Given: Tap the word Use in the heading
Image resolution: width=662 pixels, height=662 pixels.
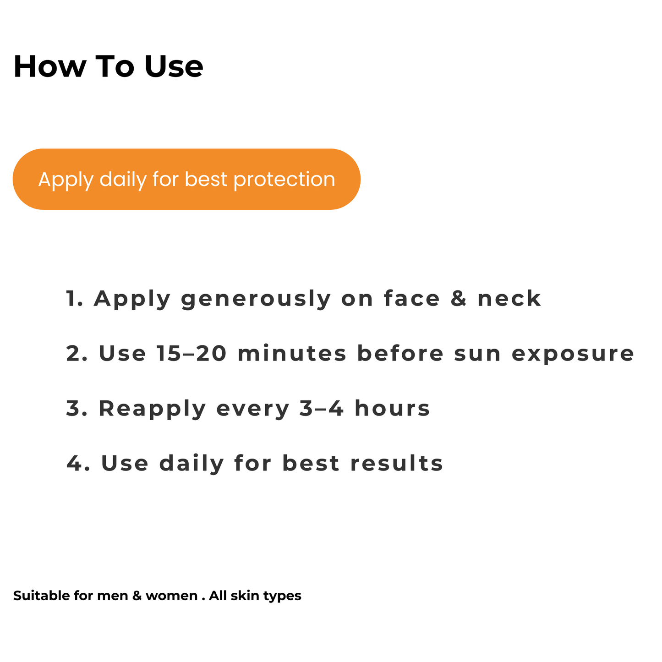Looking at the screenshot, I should click(x=174, y=66).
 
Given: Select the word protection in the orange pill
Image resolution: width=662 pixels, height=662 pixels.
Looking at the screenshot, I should click(x=284, y=180).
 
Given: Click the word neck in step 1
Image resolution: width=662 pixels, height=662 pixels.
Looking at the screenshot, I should click(x=509, y=299).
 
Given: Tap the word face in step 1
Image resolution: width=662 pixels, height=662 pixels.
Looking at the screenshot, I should click(x=412, y=299).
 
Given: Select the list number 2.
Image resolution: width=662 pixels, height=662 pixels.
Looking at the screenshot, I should click(x=75, y=354).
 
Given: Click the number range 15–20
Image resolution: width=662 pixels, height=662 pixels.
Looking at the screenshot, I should click(x=191, y=354).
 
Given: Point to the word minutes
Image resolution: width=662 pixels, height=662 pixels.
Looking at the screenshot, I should click(x=292, y=354).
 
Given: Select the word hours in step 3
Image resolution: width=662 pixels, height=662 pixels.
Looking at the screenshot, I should click(x=393, y=409).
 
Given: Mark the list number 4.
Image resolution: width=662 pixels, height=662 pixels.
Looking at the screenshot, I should click(x=76, y=463).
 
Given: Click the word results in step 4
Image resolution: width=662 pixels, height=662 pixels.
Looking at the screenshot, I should click(x=397, y=463).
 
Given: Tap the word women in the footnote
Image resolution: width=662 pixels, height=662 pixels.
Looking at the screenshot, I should click(x=171, y=596).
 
